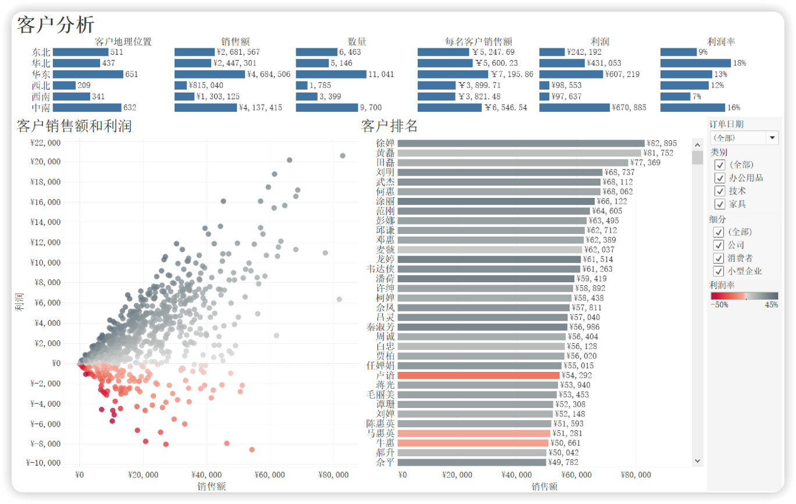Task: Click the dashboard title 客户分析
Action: click(56, 25)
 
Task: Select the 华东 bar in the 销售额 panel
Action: click(209, 74)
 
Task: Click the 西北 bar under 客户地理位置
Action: click(64, 86)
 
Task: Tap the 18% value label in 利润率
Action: click(740, 63)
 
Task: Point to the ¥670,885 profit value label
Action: click(629, 108)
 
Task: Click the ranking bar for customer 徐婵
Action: click(521, 143)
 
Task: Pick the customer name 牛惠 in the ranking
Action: click(385, 443)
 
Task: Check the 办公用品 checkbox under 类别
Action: click(720, 178)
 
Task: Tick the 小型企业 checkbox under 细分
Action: click(720, 271)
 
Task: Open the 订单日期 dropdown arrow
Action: click(773, 138)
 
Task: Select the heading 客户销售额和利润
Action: click(74, 126)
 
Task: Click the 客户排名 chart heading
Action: click(389, 126)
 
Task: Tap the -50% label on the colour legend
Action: click(719, 304)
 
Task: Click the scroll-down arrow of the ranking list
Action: click(698, 461)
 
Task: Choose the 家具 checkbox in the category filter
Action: click(720, 204)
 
